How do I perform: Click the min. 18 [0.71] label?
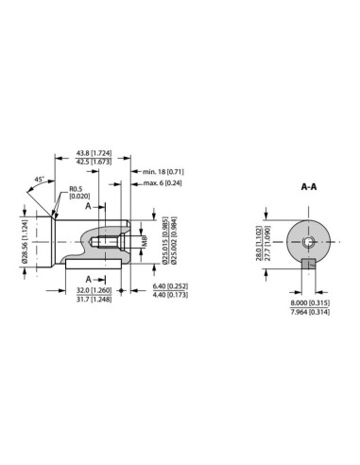[162, 173]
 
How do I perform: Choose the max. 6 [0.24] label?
[162, 183]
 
